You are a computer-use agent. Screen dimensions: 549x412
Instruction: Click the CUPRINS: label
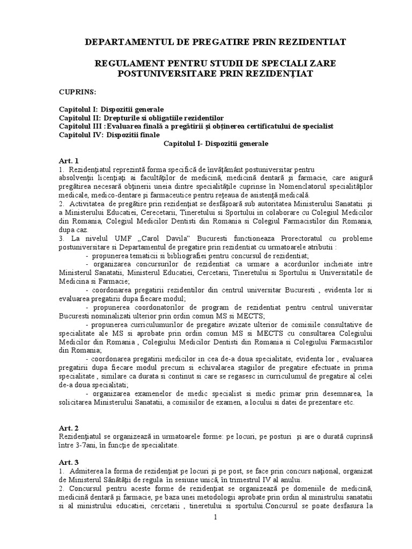point(77,92)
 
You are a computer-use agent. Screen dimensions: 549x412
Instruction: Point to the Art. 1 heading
point(69,160)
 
